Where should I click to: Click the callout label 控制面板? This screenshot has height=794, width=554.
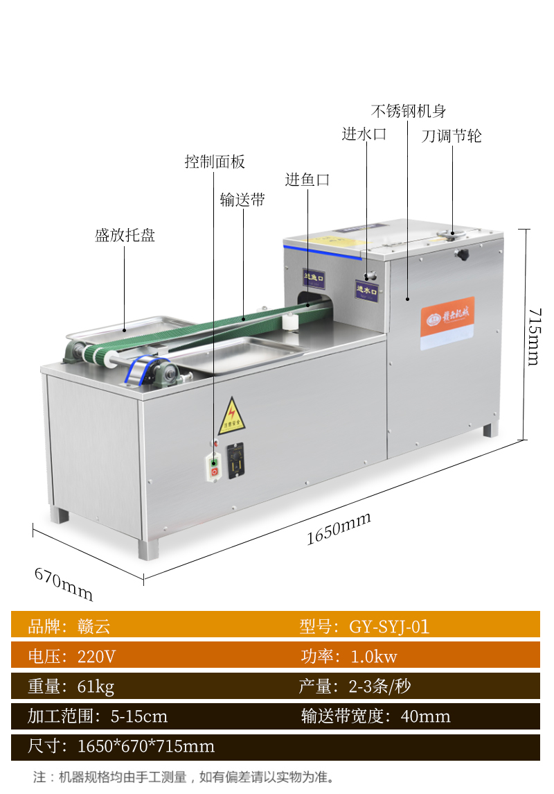point(215,162)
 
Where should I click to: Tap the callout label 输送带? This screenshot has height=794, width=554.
point(242,200)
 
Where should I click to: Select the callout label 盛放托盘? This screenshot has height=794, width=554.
point(125,236)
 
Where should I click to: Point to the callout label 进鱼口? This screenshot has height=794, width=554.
point(307,180)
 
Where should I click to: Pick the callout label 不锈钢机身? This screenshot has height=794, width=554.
point(408,111)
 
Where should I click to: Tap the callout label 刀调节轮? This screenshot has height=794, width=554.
point(452,136)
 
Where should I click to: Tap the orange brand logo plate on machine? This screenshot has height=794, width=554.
point(447,322)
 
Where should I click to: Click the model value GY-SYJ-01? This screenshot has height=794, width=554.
point(389,627)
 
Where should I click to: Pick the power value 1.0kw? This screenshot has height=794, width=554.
point(374,657)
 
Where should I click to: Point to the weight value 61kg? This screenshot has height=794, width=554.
point(96,687)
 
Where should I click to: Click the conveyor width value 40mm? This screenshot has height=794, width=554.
point(425,716)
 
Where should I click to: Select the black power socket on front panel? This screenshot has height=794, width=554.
point(236,460)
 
